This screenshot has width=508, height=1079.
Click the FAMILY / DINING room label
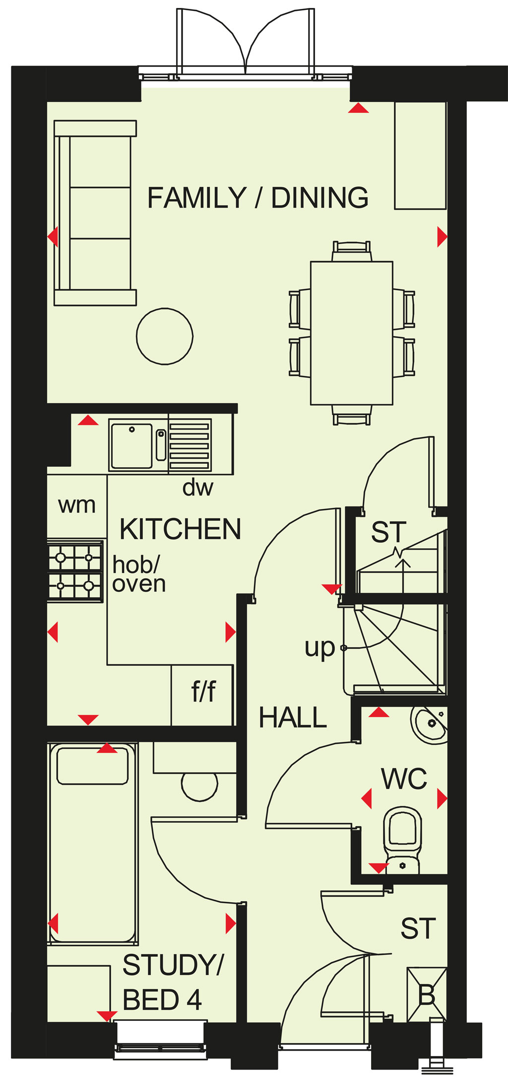tap(258, 198)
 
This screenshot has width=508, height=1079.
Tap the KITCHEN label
tap(181, 529)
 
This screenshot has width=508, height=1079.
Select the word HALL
tap(293, 718)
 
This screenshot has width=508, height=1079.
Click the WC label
tap(404, 779)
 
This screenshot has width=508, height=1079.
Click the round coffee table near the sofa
tap(165, 336)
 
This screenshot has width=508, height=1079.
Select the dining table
tap(352, 333)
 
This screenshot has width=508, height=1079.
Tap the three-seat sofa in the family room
tap(95, 213)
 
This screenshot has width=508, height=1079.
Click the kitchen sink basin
tap(131, 445)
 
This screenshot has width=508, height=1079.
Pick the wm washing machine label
tap(77, 505)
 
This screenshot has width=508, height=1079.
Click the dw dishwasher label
tap(198, 488)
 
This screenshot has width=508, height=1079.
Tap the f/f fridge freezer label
tap(204, 691)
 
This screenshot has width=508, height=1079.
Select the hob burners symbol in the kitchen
tap(75, 571)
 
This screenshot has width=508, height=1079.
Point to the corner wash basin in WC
tap(430, 725)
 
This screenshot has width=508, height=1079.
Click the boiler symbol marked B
tap(427, 995)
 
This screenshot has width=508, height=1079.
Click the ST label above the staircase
tap(389, 532)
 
